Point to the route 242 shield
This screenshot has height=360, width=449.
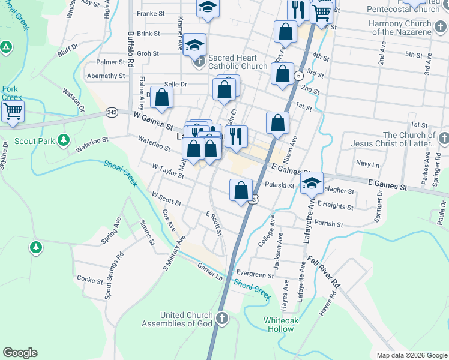coord(112,112)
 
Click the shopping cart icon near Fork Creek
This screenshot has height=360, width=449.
coord(12,112)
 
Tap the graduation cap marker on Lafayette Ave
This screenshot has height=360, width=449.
coord(312,183)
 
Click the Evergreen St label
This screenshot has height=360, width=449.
coord(255,275)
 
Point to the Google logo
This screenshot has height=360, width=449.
coord(20,353)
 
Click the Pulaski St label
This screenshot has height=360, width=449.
coord(279,187)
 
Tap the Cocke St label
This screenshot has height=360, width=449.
coord(90,280)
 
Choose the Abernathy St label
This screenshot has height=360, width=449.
coord(106,76)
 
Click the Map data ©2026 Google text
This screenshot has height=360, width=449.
coord(411,355)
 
